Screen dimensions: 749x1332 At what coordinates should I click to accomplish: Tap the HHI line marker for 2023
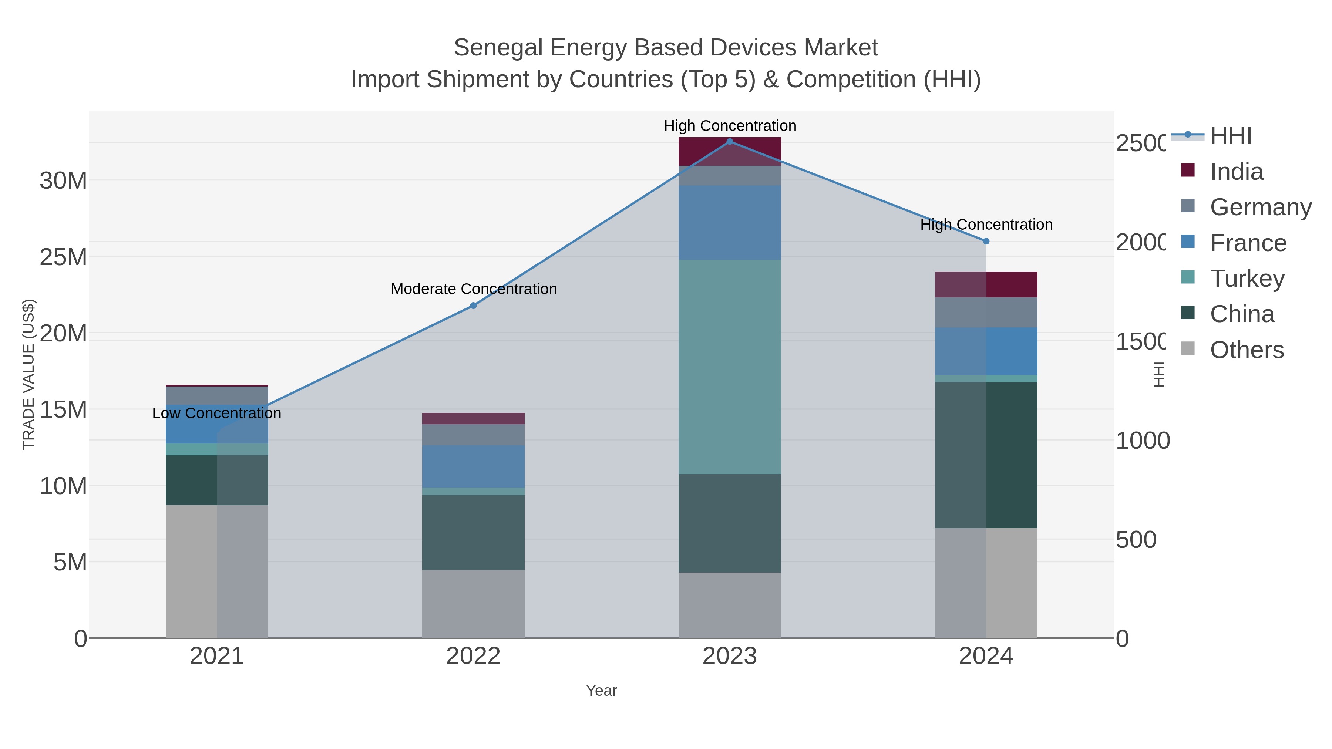tap(730, 141)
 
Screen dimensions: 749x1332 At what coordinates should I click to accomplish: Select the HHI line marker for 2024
tap(986, 241)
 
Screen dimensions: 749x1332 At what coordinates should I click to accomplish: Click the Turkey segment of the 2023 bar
tap(730, 367)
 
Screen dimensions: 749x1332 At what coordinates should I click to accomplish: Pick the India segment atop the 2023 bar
tap(730, 151)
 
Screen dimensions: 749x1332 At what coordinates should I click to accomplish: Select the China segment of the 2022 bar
tap(473, 532)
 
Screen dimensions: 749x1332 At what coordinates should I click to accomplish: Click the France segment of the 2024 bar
tap(986, 351)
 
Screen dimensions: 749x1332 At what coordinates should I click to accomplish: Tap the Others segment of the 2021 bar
tap(217, 571)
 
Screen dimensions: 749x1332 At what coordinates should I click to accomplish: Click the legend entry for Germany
tap(1260, 207)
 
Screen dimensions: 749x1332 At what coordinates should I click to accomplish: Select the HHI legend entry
tap(1230, 136)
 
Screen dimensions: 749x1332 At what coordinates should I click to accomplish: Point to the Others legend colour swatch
tap(1188, 349)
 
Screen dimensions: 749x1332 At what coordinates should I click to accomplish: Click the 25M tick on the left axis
tap(63, 257)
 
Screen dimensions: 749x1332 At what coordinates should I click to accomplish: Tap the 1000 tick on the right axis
tap(1142, 441)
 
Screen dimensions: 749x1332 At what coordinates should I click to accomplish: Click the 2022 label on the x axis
tap(473, 656)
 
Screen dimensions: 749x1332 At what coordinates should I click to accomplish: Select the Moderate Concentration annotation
tap(474, 289)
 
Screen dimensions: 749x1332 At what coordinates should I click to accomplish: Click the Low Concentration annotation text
tap(217, 413)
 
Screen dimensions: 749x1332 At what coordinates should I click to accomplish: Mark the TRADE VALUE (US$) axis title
tap(28, 374)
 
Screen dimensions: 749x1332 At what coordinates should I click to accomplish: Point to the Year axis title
tap(601, 691)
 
